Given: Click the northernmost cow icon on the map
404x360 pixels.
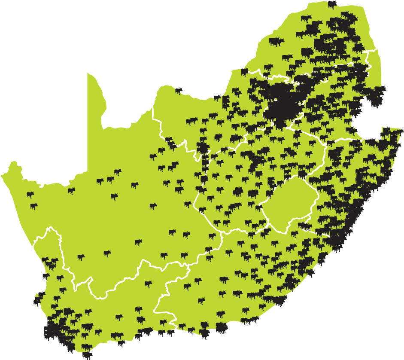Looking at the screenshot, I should coord(332,4).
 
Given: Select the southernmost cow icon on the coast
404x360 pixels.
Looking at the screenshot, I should coord(87,355).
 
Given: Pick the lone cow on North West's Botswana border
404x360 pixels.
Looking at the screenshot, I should coord(179,91).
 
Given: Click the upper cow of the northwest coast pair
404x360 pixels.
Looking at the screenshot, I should coord(30,195).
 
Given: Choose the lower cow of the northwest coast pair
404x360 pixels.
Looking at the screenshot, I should coord(33,207).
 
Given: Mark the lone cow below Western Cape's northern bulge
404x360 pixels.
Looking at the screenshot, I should coord(81,257).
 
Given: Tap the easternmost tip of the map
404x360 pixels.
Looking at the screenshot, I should coord(402,131).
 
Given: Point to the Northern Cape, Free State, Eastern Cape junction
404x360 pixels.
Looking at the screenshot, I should coord(221,234).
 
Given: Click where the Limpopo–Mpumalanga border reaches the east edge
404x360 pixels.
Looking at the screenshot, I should coord(377,50).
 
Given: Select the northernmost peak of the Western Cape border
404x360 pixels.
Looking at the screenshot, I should coord(51,228).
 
